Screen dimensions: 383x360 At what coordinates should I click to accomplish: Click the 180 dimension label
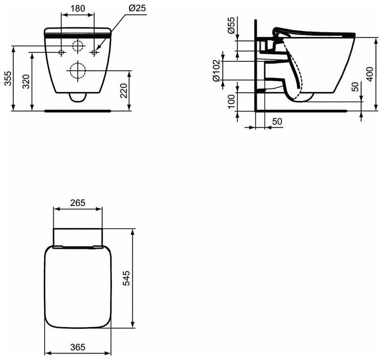click(78, 8)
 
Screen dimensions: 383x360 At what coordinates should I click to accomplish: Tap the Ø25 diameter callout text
click(137, 8)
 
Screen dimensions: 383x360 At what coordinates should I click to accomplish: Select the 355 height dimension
click(8, 78)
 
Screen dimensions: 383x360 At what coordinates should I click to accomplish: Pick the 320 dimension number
click(25, 81)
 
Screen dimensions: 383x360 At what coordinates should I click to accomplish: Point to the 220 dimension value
click(124, 90)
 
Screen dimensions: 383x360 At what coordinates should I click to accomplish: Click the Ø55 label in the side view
click(231, 25)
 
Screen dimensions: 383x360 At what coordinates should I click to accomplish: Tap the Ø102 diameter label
click(216, 71)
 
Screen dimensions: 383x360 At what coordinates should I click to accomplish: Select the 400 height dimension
click(370, 74)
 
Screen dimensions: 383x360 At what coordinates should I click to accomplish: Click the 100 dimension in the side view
click(231, 101)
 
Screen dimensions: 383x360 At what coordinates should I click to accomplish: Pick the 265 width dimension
click(78, 202)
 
